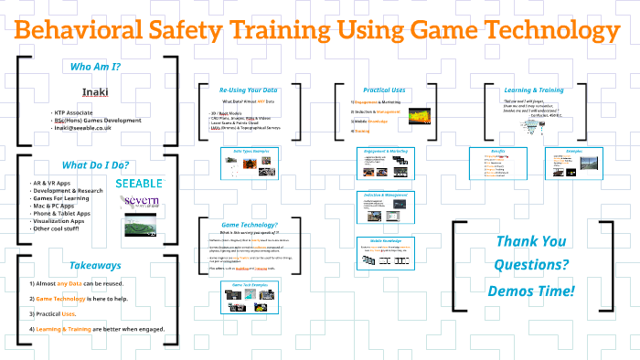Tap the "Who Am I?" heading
pyautogui.click(x=96, y=67)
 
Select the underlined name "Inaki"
pyautogui.click(x=95, y=91)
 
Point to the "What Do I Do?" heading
pyautogui.click(x=95, y=165)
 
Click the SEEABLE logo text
pyautogui.click(x=140, y=184)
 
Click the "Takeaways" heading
pyautogui.click(x=95, y=265)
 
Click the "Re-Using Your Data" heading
pyautogui.click(x=248, y=90)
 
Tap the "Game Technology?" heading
pyautogui.click(x=248, y=225)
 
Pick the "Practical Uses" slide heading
pyautogui.click(x=385, y=90)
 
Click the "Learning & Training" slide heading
pyautogui.click(x=535, y=90)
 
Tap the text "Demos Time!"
pyautogui.click(x=531, y=291)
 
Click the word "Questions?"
pyautogui.click(x=531, y=266)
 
